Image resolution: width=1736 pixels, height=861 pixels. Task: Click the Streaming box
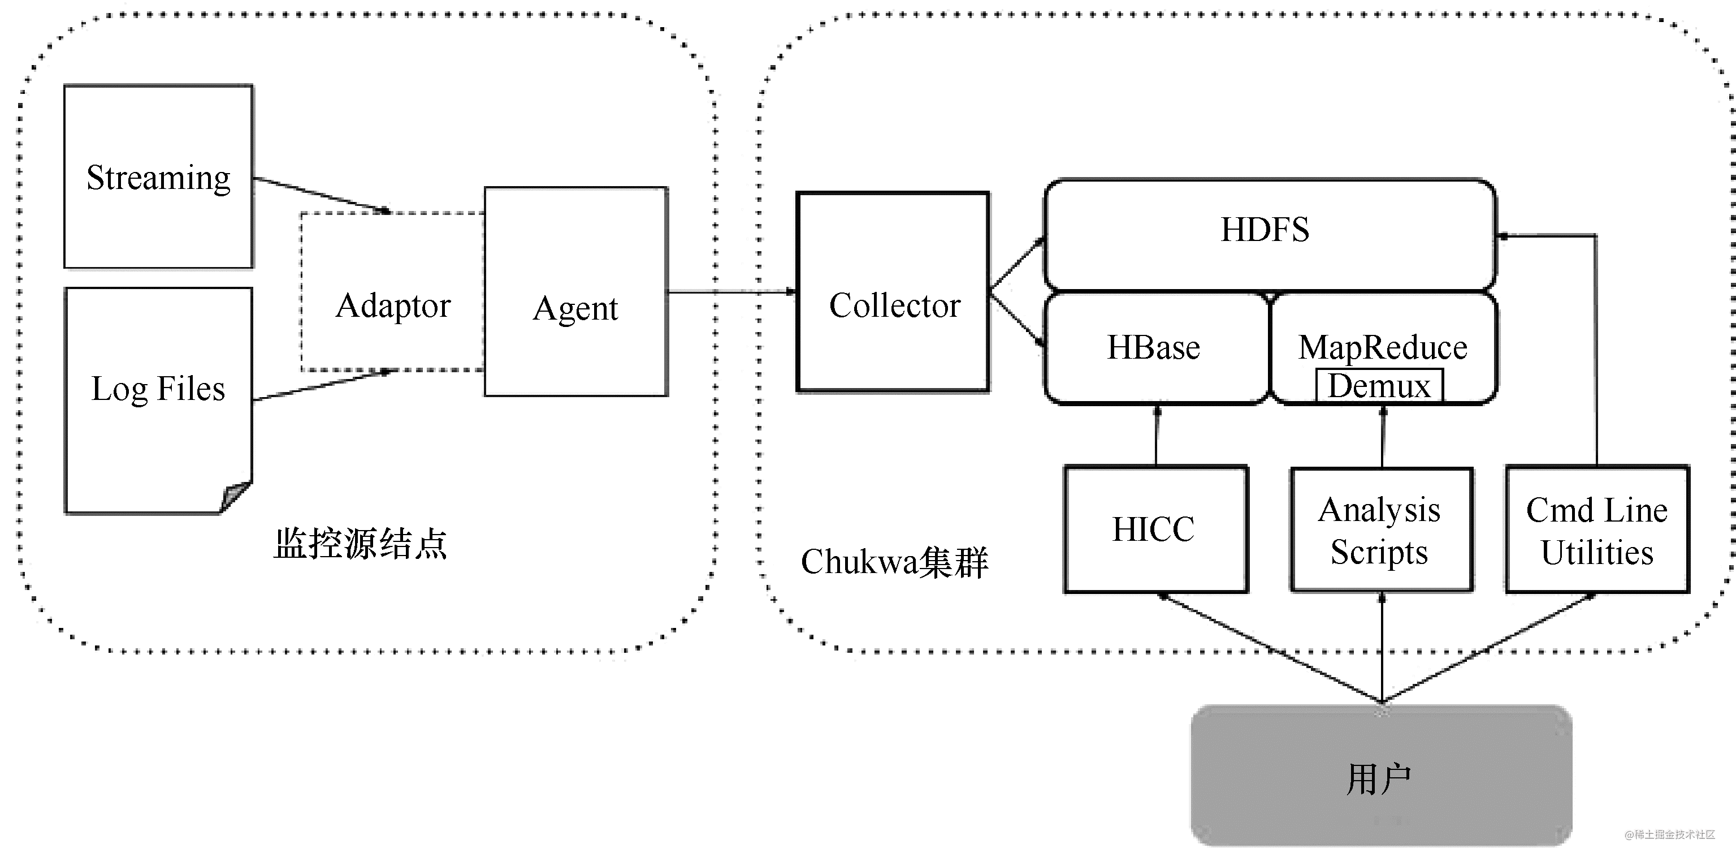tap(158, 176)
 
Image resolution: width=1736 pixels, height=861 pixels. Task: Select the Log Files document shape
tap(158, 401)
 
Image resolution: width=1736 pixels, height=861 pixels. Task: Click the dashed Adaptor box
tap(393, 291)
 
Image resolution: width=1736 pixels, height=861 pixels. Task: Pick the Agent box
tap(576, 291)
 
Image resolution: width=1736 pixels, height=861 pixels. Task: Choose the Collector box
tap(893, 292)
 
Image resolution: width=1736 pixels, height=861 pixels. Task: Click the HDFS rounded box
tap(1270, 235)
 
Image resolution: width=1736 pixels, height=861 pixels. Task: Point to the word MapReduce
tap(1383, 348)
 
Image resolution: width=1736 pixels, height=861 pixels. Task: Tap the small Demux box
tap(1379, 386)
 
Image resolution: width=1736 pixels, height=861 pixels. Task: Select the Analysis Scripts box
tap(1382, 530)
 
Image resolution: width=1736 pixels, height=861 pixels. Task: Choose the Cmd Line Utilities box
tap(1597, 529)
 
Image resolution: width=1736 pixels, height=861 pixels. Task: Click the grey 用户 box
tap(1382, 776)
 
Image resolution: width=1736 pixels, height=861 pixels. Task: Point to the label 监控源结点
tap(360, 544)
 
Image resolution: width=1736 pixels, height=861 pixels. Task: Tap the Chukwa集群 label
tap(894, 562)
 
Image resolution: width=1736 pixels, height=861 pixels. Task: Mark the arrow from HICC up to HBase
tap(1157, 435)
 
